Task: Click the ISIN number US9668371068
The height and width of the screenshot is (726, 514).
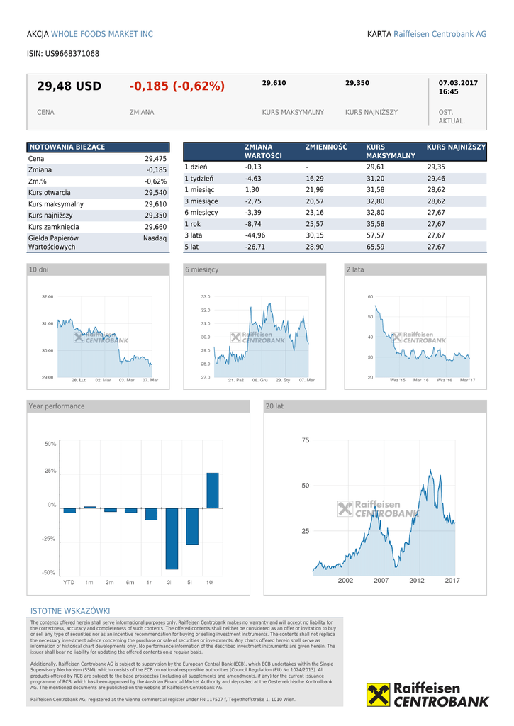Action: tap(72, 54)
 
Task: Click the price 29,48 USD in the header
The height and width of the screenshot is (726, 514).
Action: tap(69, 86)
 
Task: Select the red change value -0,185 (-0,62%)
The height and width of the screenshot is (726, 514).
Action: tap(177, 86)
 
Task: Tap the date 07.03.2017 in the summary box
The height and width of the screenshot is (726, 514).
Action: tap(458, 83)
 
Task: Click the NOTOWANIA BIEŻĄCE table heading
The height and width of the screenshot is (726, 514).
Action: tap(67, 147)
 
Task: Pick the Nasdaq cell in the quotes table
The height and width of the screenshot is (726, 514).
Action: tap(155, 239)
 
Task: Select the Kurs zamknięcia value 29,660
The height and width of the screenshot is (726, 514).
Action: tap(155, 227)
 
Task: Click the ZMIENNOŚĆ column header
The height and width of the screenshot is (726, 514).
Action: tap(326, 147)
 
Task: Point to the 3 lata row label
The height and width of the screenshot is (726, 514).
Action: tap(193, 235)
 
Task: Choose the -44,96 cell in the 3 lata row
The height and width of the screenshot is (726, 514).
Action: tap(255, 235)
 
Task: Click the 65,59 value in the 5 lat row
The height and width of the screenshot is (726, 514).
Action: tap(375, 247)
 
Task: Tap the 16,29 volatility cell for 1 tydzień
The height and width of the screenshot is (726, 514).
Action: tap(315, 179)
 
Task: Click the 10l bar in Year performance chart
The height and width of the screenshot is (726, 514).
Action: tap(212, 490)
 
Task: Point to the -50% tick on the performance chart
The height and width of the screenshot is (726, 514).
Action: tap(50, 572)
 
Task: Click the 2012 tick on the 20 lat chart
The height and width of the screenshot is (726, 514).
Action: tap(416, 581)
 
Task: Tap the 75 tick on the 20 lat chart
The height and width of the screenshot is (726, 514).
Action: tap(305, 440)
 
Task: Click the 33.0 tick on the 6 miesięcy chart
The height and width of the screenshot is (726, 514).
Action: tap(205, 296)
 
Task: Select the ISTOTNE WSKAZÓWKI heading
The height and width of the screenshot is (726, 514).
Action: tap(70, 611)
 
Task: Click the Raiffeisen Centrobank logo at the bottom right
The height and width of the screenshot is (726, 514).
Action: tap(428, 694)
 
